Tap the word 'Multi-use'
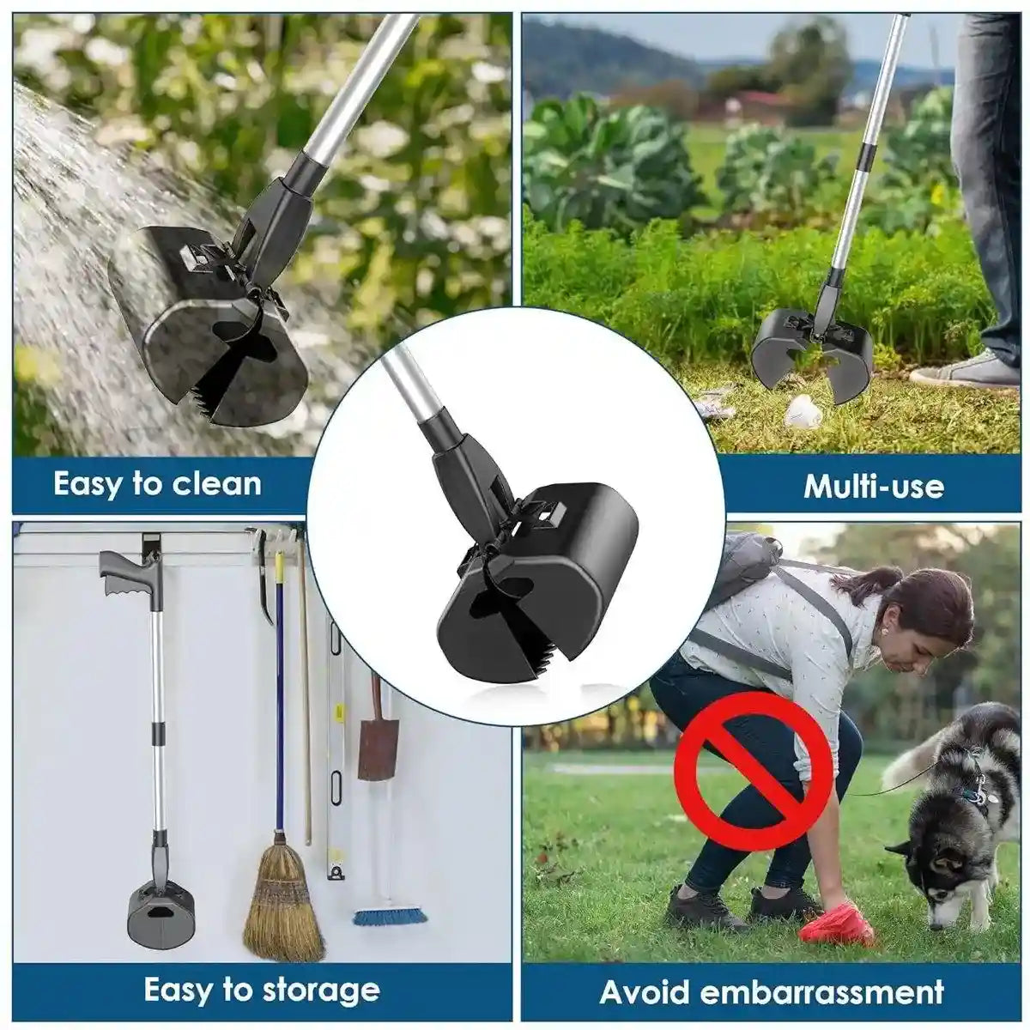pyautogui.click(x=873, y=487)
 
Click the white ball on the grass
pyautogui.click(x=803, y=414)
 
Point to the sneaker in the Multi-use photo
pyautogui.click(x=965, y=371)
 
